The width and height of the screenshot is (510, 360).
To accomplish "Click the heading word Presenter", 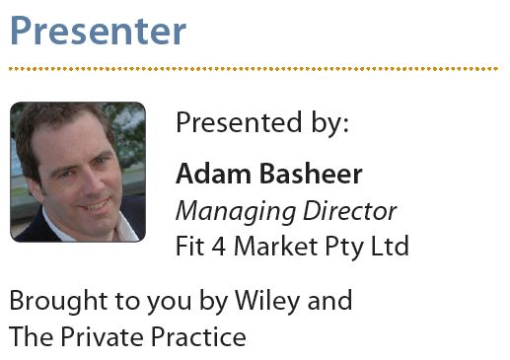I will tap(97, 31).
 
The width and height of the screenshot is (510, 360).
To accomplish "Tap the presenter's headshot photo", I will tap(78, 172).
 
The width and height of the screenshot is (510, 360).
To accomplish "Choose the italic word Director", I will tap(347, 210).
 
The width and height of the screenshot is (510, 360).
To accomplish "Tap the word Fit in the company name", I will tap(189, 245).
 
